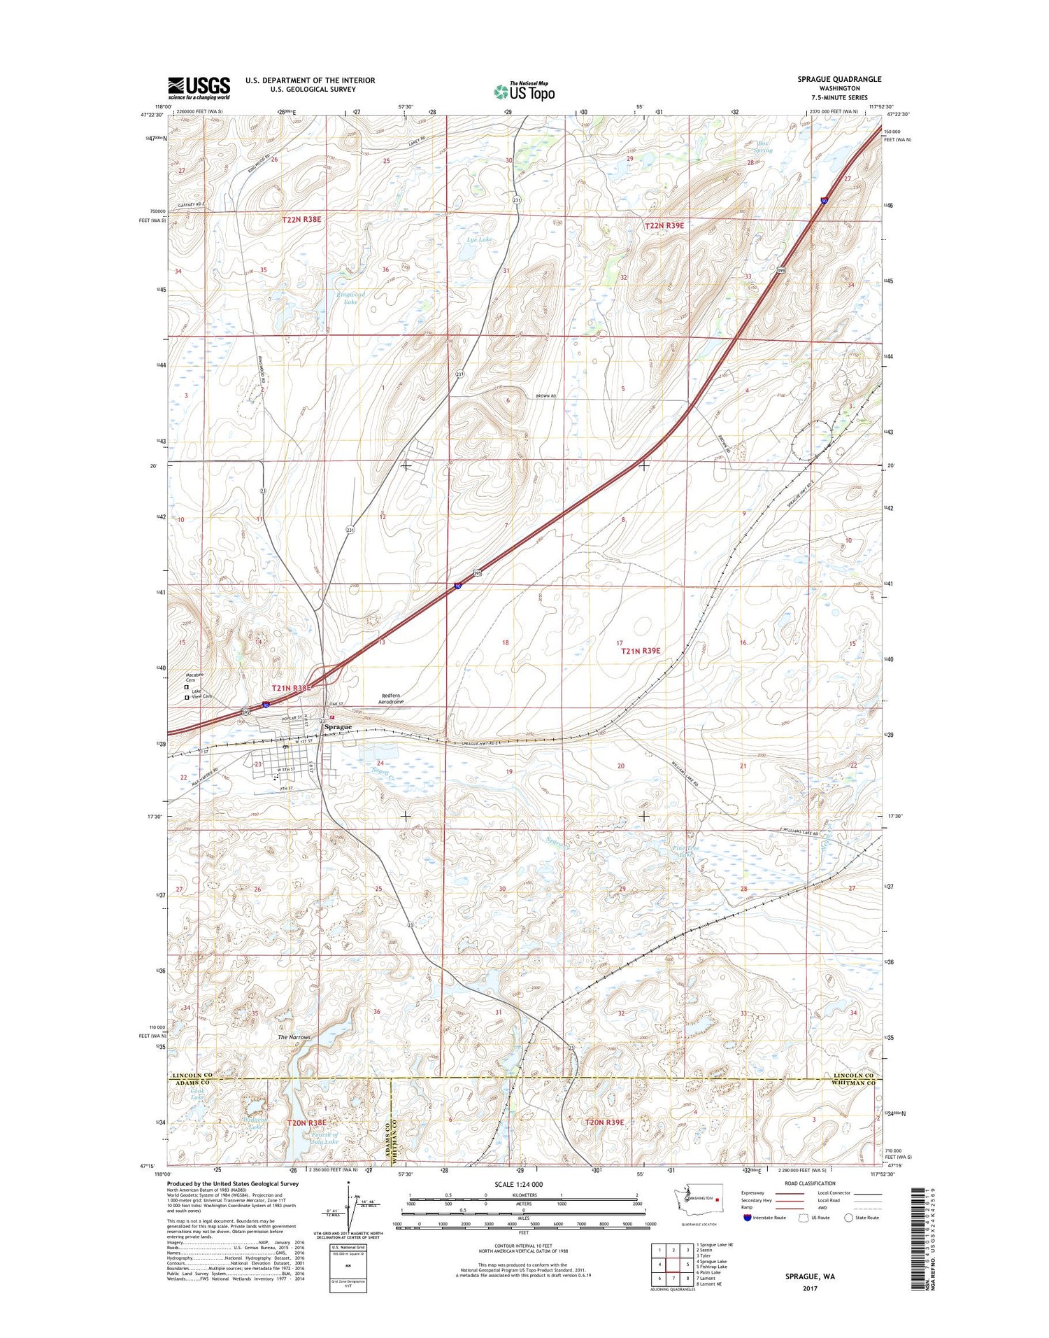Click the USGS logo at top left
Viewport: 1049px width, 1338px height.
coord(199,87)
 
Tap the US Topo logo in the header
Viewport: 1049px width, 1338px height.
coord(524,91)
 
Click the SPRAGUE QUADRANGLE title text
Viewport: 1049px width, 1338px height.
coord(839,79)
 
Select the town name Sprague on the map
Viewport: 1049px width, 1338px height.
coord(338,726)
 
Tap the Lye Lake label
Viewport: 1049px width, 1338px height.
coord(479,239)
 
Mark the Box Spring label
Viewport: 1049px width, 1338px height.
coord(764,147)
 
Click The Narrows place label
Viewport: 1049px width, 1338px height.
coord(294,1037)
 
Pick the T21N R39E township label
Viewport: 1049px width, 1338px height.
coord(641,651)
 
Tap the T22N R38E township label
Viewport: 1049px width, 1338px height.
coord(301,219)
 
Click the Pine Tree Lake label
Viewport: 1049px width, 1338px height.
coord(685,851)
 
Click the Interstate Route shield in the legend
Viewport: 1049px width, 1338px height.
coord(748,1218)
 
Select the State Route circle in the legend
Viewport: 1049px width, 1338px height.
coord(849,1218)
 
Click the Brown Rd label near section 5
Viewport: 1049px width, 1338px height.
coord(545,397)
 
